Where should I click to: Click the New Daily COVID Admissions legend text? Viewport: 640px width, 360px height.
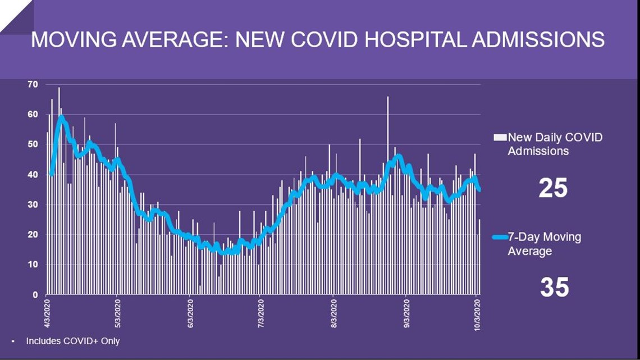(555, 144)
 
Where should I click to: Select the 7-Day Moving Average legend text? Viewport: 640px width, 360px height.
(544, 244)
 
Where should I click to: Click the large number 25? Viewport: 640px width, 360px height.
(553, 189)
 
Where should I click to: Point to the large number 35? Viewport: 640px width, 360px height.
(554, 288)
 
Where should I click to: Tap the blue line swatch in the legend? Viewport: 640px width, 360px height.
(500, 237)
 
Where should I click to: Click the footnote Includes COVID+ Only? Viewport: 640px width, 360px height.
(72, 341)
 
